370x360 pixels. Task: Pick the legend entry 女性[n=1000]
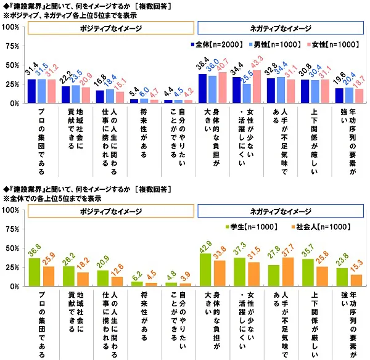pyautogui.click(x=334, y=44)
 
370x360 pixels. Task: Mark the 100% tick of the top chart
pyautogui.click(x=10, y=28)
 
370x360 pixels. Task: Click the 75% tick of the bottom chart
pyautogui.click(x=12, y=229)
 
